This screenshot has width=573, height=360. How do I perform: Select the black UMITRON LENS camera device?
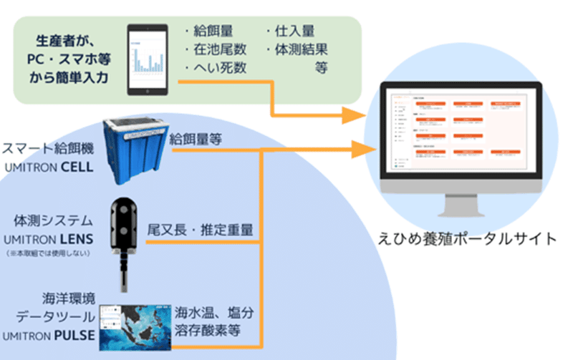126,236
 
